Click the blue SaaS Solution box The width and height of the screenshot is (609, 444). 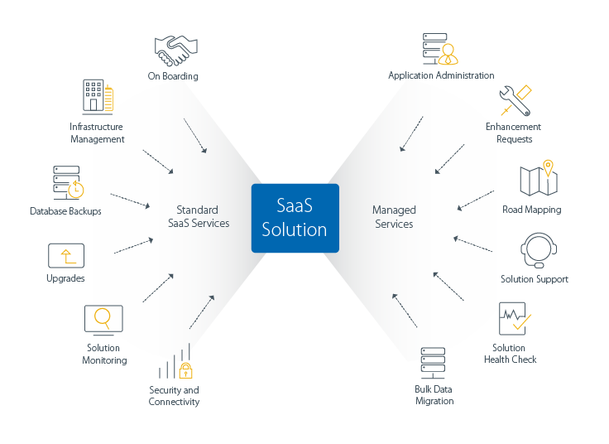tap(295, 218)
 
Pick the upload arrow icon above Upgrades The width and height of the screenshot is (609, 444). tap(66, 254)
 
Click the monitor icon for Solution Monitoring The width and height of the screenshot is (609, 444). tap(103, 320)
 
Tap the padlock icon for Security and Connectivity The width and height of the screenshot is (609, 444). tap(185, 369)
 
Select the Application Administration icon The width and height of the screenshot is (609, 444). tap(439, 49)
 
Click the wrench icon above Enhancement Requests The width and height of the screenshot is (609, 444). tap(514, 101)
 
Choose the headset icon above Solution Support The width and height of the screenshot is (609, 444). tap(534, 250)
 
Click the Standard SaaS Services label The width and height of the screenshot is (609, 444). tap(198, 216)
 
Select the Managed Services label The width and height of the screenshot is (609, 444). tap(394, 217)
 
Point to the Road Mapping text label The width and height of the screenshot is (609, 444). tap(531, 210)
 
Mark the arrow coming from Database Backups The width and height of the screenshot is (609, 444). tap(128, 200)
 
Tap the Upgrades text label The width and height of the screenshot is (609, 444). tap(65, 278)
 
